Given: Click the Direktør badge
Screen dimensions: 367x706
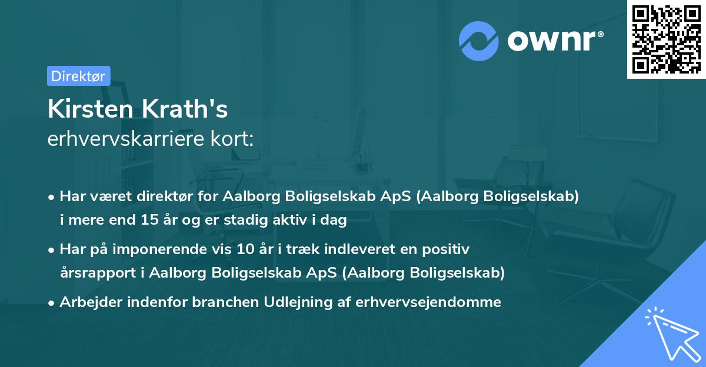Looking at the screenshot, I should coord(78,76).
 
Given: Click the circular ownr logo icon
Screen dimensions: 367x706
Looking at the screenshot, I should coord(479,41).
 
